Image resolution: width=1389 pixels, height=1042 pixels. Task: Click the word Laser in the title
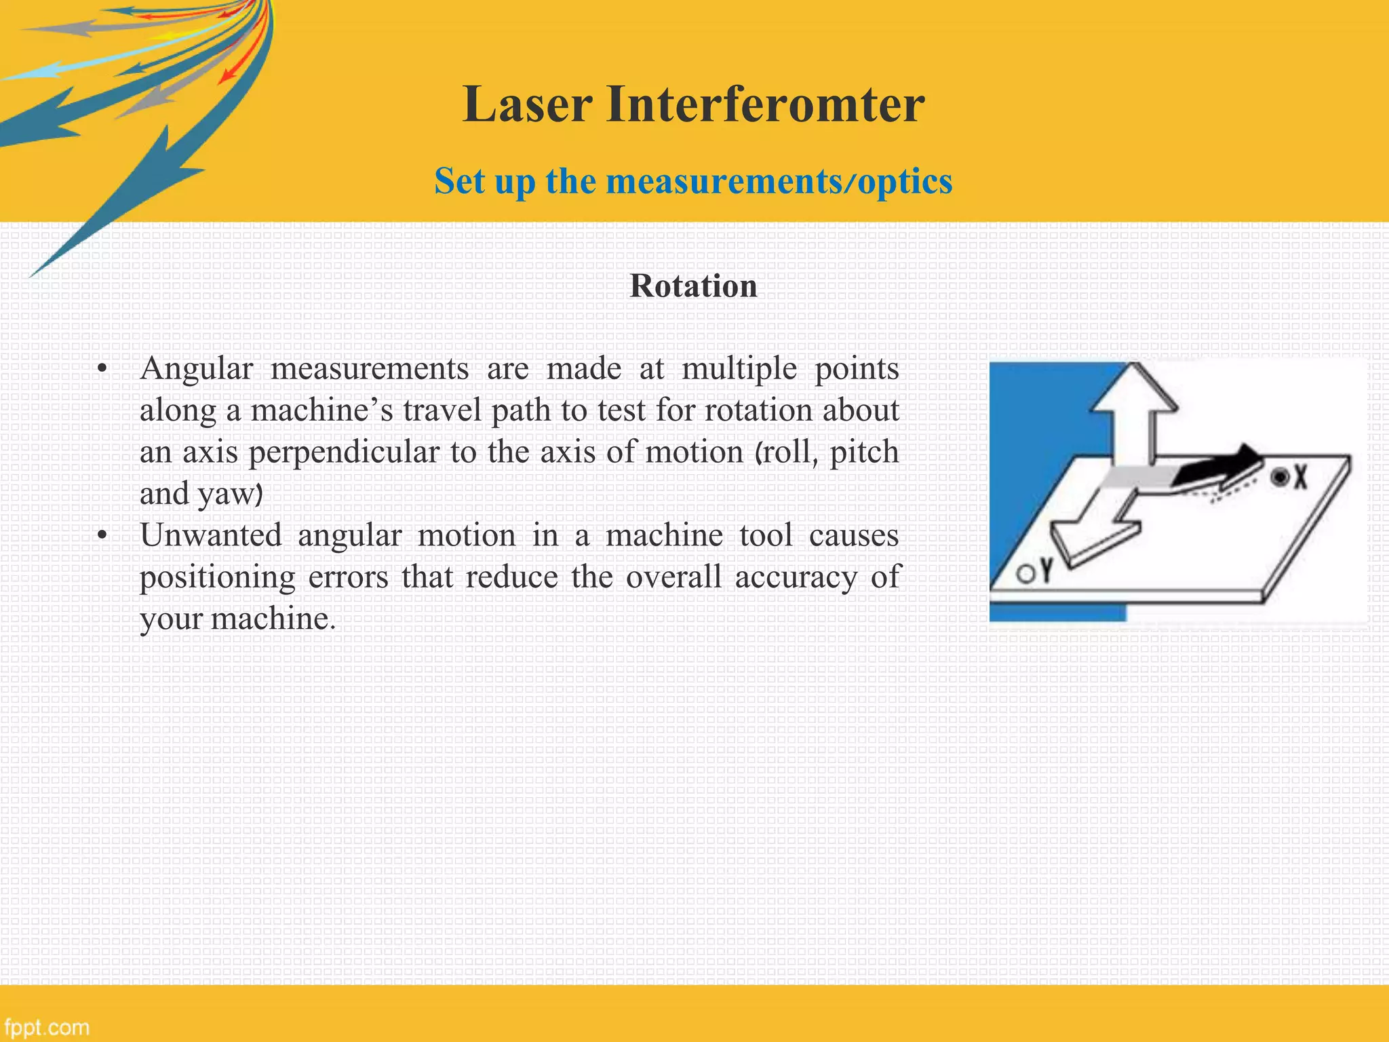tap(528, 105)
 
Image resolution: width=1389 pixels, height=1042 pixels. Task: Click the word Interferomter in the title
tap(765, 105)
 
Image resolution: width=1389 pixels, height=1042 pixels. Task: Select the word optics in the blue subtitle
tap(905, 182)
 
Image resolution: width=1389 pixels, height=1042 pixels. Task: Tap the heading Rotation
tap(693, 286)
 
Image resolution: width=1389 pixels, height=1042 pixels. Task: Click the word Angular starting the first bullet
tap(196, 369)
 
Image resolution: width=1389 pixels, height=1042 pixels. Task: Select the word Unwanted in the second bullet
tap(210, 536)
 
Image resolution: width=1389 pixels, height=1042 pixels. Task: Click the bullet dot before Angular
tap(102, 370)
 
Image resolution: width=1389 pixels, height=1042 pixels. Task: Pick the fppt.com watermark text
tap(45, 1027)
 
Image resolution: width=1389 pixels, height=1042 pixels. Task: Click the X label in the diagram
tap(1299, 478)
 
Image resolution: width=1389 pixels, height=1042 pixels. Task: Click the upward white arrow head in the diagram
tap(1134, 390)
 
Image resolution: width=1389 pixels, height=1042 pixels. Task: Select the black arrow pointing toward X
tap(1221, 468)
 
